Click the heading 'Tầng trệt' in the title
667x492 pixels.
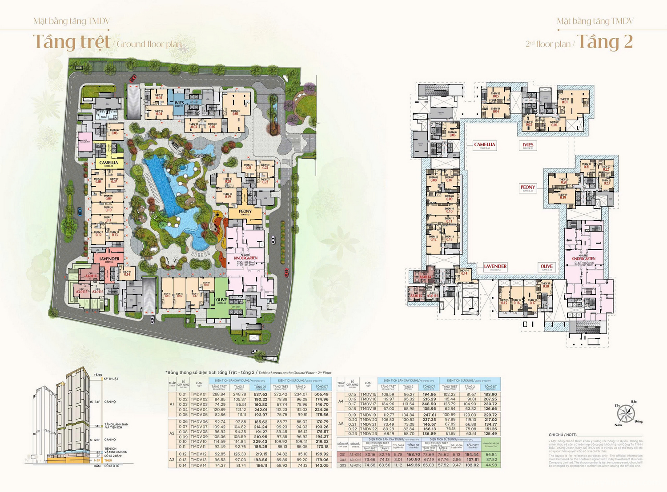click(x=72, y=42)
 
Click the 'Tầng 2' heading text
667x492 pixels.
click(x=604, y=42)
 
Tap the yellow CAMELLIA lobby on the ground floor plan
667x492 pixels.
click(x=108, y=163)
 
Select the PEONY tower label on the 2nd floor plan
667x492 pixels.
click(x=528, y=188)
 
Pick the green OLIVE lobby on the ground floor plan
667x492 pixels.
click(x=221, y=300)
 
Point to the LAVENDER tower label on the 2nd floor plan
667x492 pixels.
click(x=495, y=267)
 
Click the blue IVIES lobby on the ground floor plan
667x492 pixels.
click(x=179, y=103)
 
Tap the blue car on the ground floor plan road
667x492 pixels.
click(x=80, y=211)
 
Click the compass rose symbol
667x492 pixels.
click(x=626, y=414)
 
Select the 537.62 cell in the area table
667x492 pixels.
click(x=261, y=394)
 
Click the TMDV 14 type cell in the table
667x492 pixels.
click(x=199, y=465)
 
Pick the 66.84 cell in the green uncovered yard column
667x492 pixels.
click(x=491, y=455)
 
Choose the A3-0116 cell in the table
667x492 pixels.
click(x=354, y=465)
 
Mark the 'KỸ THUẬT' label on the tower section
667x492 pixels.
click(x=111, y=379)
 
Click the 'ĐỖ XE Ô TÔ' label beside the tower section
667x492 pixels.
click(x=112, y=466)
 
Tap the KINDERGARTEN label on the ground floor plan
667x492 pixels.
click(x=245, y=258)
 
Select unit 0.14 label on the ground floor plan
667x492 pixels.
click(x=127, y=274)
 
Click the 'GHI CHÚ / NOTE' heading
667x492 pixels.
click(x=563, y=435)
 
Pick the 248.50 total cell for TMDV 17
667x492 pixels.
click(x=429, y=404)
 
